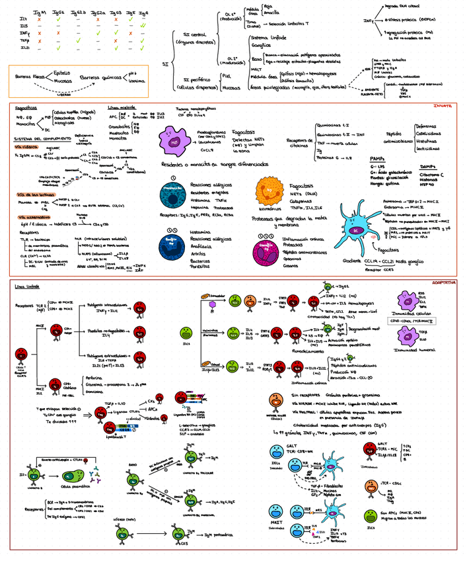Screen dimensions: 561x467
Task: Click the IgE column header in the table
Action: pyautogui.click(x=130, y=12)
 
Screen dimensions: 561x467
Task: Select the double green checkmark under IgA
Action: pyautogui.click(x=143, y=26)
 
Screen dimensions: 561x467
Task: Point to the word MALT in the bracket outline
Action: pyautogui.click(x=257, y=68)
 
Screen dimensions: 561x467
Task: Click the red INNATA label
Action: pyautogui.click(x=443, y=106)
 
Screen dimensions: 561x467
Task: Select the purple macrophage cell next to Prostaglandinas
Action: pyautogui.click(x=173, y=142)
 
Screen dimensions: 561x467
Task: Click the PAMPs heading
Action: pyautogui.click(x=377, y=159)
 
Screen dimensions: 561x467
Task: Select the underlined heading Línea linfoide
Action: pyautogui.click(x=27, y=287)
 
